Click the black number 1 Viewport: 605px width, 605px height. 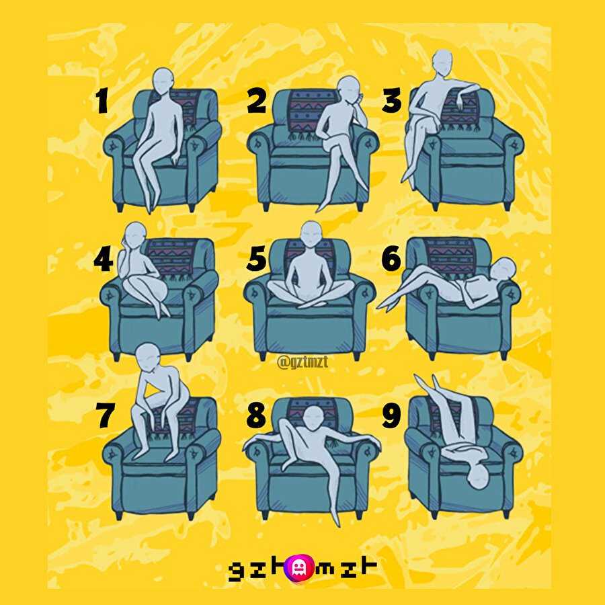click(x=102, y=100)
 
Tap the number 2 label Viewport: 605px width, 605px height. click(x=257, y=100)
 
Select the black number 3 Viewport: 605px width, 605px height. click(x=392, y=100)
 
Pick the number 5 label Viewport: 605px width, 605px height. click(x=257, y=259)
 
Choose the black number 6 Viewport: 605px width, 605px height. click(x=391, y=259)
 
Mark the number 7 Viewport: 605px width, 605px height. click(x=106, y=415)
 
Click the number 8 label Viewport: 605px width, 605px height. click(x=256, y=415)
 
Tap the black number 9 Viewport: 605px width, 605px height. click(x=392, y=415)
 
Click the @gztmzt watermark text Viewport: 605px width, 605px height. click(x=302, y=362)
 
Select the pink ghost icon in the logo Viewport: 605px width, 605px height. click(x=298, y=567)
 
